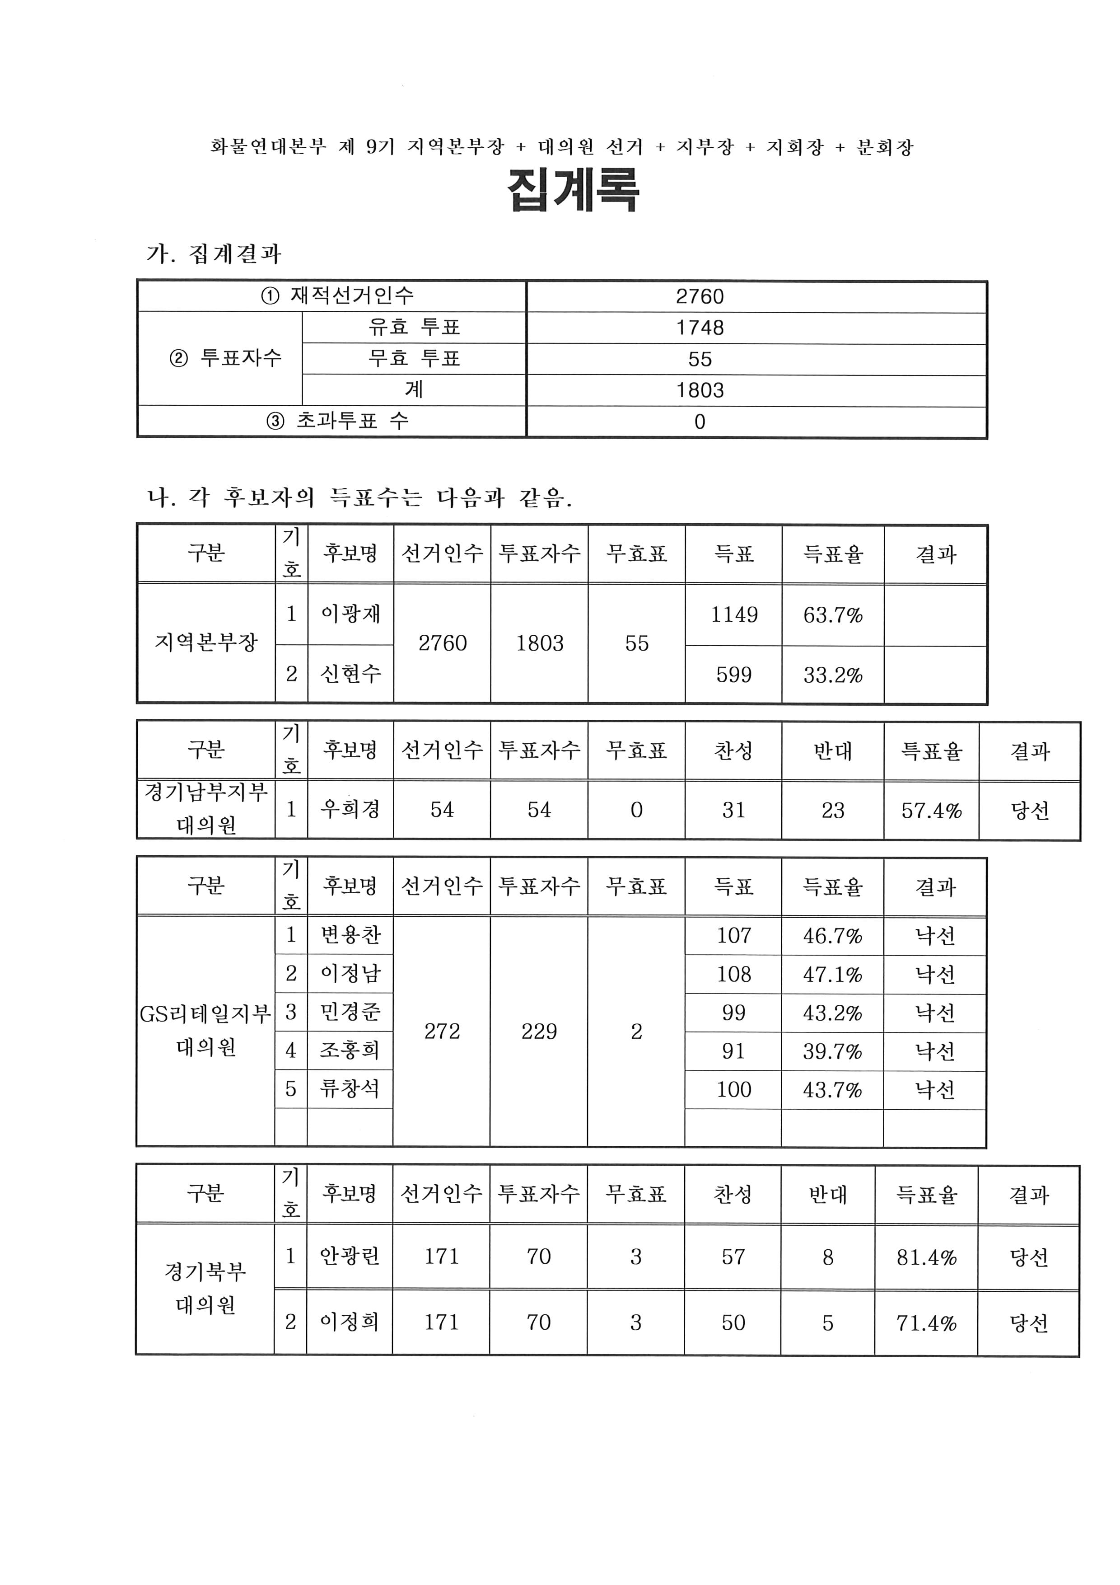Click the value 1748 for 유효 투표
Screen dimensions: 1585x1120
tap(699, 328)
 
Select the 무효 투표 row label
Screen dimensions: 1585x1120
tap(413, 358)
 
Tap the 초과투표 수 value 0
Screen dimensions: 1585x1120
tap(699, 422)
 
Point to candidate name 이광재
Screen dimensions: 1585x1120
tap(350, 614)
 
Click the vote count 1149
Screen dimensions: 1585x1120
tap(733, 614)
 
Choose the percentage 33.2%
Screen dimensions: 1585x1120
tap(832, 675)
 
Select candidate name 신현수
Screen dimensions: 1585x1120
tap(350, 674)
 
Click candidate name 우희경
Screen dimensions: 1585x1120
tap(350, 809)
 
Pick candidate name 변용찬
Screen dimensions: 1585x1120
tap(350, 935)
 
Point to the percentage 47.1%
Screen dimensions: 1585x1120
tap(832, 975)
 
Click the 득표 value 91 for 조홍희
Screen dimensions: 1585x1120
tap(733, 1051)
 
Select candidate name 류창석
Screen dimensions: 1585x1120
tap(350, 1089)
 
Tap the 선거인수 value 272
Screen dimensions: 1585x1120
tap(442, 1032)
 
